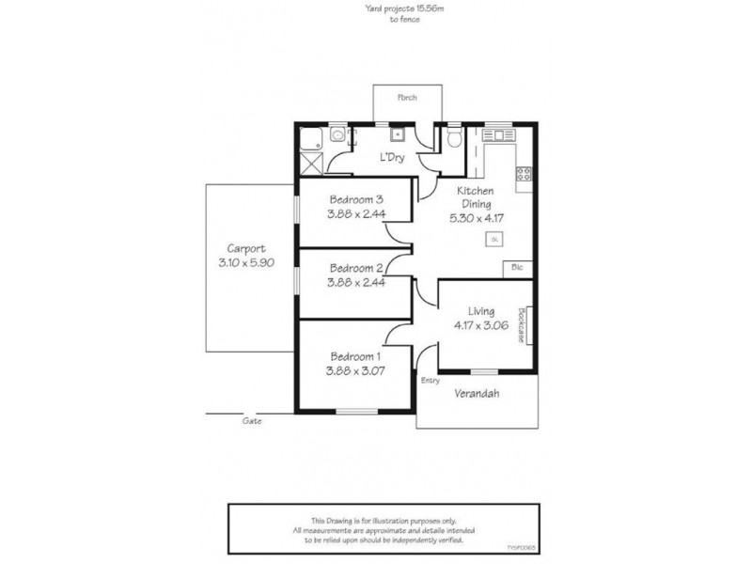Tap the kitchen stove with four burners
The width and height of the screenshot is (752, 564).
click(524, 173)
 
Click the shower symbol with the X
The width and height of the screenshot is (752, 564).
click(312, 162)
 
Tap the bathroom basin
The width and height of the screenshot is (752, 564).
click(337, 135)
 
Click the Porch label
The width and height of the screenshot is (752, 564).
click(407, 98)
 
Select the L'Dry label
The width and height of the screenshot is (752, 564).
click(392, 157)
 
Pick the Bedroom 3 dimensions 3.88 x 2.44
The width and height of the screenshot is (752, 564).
click(356, 214)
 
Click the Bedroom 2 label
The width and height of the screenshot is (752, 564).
click(356, 267)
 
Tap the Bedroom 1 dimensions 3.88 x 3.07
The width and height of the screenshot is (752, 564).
click(355, 370)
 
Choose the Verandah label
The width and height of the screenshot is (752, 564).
click(477, 393)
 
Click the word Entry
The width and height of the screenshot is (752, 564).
click(431, 381)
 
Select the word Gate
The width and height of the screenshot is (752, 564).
click(252, 421)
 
